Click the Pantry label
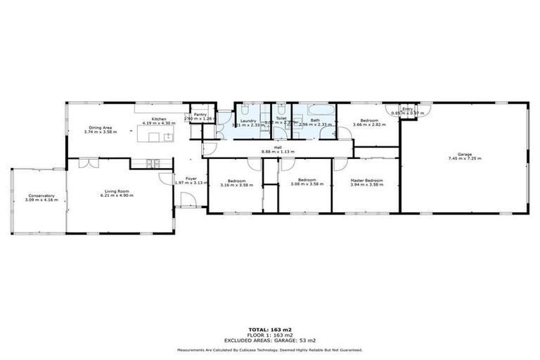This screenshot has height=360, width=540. [x=200, y=114]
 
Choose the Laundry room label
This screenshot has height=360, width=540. [x=247, y=120]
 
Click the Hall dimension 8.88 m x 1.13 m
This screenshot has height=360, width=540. [x=277, y=152]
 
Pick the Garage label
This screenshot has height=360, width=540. [x=464, y=154]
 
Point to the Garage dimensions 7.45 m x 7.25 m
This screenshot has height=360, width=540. [x=464, y=159]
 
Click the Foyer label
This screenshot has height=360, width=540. [x=191, y=178]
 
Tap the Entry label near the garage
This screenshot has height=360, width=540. [x=407, y=109]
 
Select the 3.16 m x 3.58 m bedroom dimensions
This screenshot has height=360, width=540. [x=236, y=184]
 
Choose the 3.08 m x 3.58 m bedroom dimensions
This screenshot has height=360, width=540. [x=306, y=184]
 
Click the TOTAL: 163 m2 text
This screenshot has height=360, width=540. [x=269, y=329]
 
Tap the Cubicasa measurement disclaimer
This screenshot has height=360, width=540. [x=269, y=349]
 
